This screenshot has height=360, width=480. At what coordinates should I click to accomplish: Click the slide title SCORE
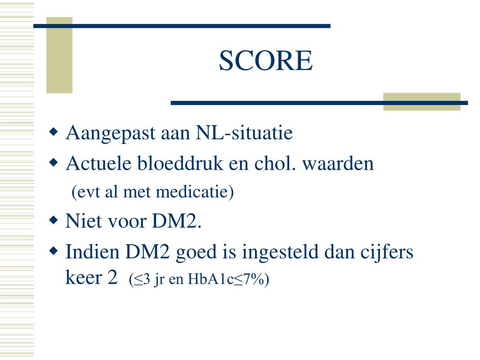[x=266, y=61]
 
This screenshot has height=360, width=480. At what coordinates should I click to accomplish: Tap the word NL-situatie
[x=243, y=133]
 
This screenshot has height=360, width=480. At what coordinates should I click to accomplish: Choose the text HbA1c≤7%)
[x=228, y=280]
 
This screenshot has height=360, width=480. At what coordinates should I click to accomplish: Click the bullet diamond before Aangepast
[x=54, y=131]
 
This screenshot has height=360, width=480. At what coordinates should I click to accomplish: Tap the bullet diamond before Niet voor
[x=54, y=219]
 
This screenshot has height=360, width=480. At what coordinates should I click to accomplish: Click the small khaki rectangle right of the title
[x=421, y=102]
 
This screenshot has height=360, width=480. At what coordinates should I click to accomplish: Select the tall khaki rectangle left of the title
[x=59, y=55]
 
